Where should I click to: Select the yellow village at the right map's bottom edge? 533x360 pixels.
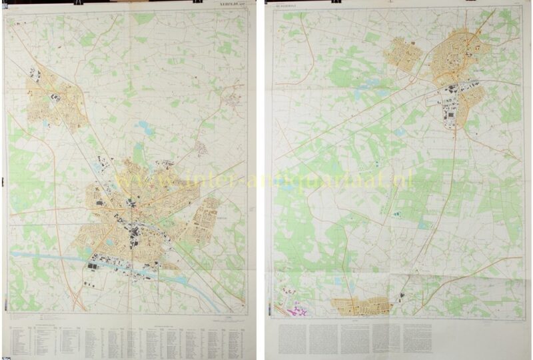360,306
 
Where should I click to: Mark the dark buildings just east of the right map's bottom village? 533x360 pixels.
402,297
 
